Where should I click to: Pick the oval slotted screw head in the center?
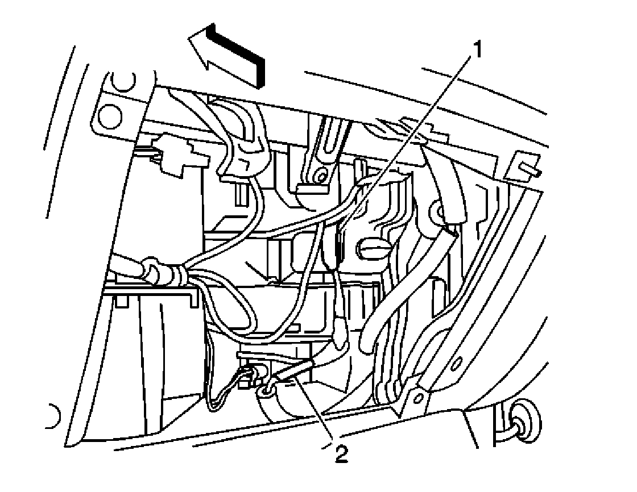373,248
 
